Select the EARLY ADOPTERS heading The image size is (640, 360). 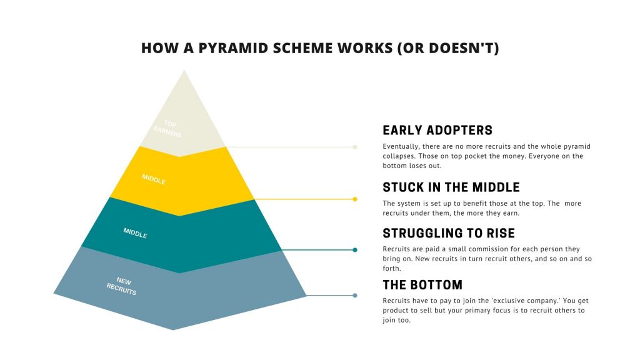(x=437, y=131)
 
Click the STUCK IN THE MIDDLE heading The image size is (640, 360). (x=451, y=187)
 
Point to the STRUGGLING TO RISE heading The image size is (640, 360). (x=449, y=234)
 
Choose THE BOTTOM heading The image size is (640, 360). (x=422, y=285)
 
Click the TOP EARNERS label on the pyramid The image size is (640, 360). (x=168, y=129)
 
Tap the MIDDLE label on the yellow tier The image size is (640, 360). (x=154, y=179)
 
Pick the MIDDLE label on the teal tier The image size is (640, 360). (x=135, y=233)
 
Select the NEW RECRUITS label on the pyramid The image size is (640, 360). (x=122, y=286)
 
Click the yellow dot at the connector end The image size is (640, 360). (x=355, y=199)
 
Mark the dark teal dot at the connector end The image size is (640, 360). (x=355, y=250)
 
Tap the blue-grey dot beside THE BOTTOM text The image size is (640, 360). (x=355, y=296)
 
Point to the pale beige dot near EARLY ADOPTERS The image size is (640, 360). (x=355, y=147)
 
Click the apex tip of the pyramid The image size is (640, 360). (x=184, y=70)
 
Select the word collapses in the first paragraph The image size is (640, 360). (x=398, y=156)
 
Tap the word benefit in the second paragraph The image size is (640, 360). (x=476, y=203)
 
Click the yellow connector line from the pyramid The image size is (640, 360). (x=304, y=199)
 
